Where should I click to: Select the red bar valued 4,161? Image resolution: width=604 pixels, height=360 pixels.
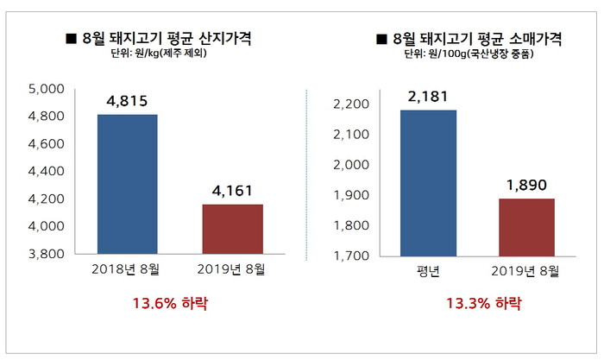pyautogui.click(x=233, y=230)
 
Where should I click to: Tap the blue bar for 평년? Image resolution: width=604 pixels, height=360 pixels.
pyautogui.click(x=428, y=183)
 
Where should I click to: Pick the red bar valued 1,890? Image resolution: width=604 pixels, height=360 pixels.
pyautogui.click(x=525, y=227)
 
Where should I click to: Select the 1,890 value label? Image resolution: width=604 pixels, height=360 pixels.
pyautogui.click(x=525, y=185)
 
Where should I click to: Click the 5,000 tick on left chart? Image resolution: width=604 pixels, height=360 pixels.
pyautogui.click(x=47, y=89)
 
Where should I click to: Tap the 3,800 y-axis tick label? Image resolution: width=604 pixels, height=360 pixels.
pyautogui.click(x=47, y=255)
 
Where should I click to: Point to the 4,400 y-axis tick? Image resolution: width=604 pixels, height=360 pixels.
pyautogui.click(x=47, y=172)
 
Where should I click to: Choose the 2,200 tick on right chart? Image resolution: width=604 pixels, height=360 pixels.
pyautogui.click(x=350, y=104)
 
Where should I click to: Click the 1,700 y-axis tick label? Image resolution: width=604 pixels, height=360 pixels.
pyautogui.click(x=350, y=256)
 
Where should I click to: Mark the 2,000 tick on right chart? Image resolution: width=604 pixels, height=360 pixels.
pyautogui.click(x=350, y=165)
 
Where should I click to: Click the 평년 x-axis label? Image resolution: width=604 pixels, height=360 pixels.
pyautogui.click(x=428, y=272)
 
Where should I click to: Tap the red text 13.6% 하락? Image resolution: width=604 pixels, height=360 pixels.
pyautogui.click(x=170, y=304)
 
